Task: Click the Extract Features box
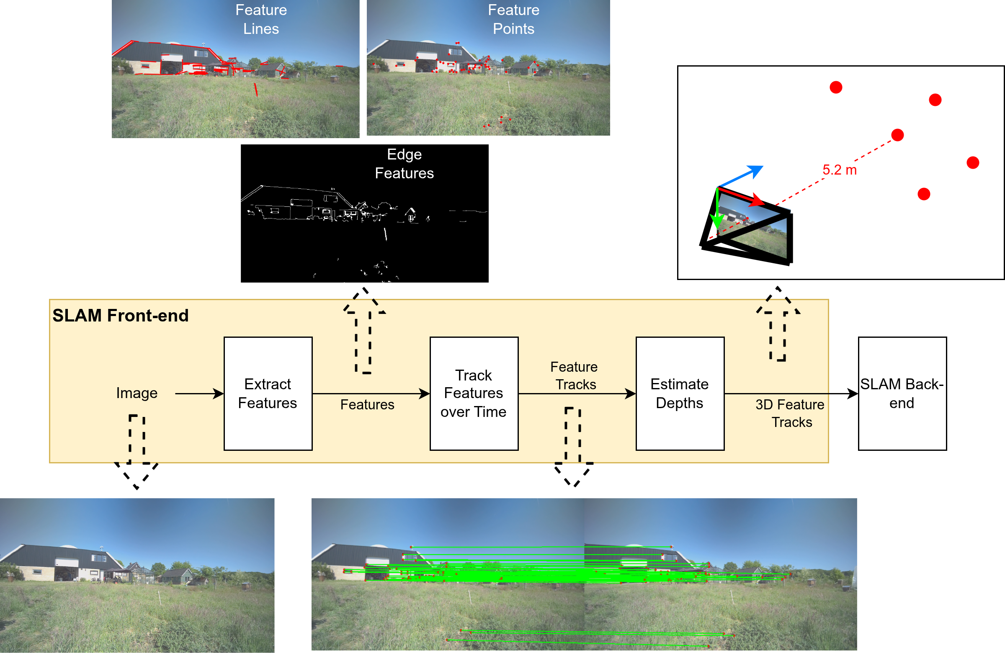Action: pos(268,393)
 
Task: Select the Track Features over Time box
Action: pos(473,393)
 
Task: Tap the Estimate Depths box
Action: pos(680,393)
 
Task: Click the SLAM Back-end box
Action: pos(902,393)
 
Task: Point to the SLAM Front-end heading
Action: pos(120,315)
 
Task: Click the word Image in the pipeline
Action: pos(137,393)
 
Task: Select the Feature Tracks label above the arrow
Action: pos(574,375)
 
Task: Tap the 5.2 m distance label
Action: pos(839,170)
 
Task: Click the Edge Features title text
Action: pos(404,164)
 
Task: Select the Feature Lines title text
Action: pos(261,19)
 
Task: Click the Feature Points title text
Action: pos(513,19)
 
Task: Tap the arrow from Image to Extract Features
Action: pos(199,393)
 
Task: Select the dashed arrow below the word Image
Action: pos(137,452)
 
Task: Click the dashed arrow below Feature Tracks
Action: pos(573,447)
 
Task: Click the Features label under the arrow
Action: pos(367,404)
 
